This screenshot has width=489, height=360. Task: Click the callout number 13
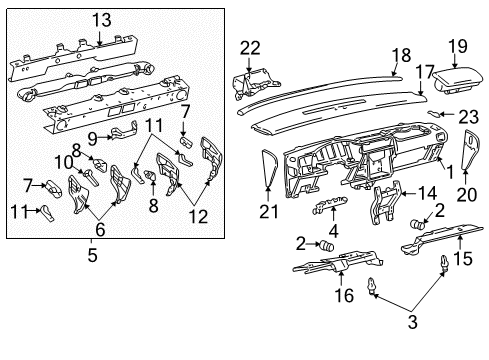pos(103,19)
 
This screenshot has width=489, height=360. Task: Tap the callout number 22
pos(250,46)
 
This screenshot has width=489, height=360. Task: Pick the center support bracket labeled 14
pos(381,202)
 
